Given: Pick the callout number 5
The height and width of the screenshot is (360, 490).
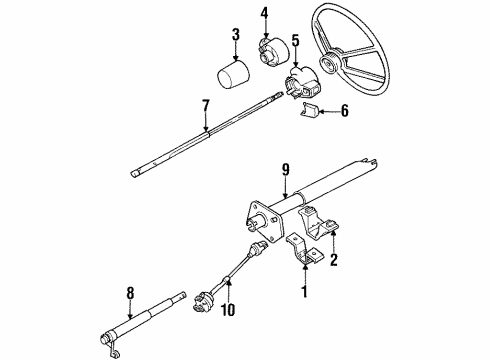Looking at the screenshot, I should click(x=295, y=41).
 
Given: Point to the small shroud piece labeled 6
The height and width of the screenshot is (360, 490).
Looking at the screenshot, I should click(x=311, y=113).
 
